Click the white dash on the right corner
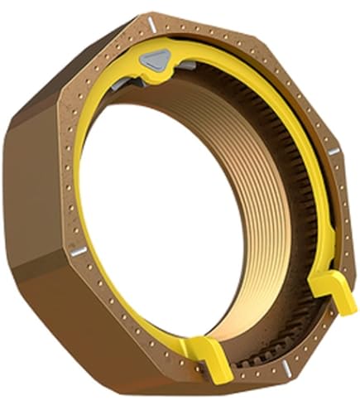click(x=333, y=151)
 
